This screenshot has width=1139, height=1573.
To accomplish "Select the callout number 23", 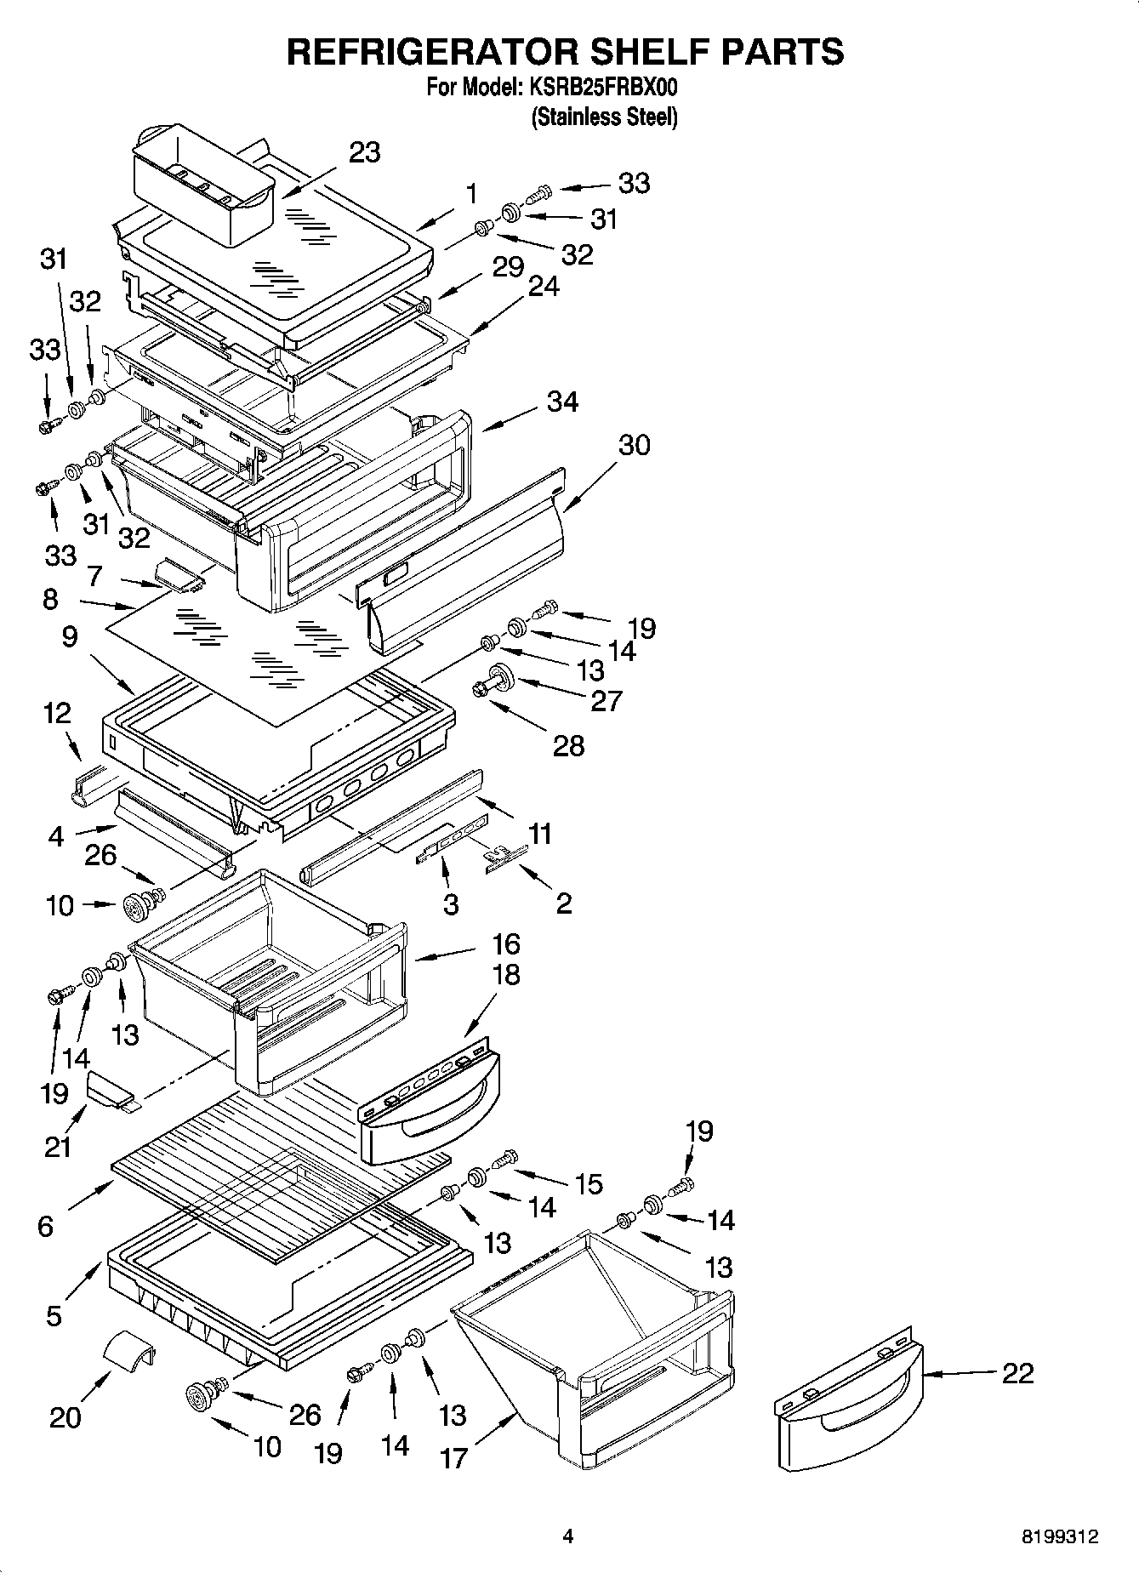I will [364, 153].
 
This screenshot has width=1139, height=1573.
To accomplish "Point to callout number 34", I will [562, 402].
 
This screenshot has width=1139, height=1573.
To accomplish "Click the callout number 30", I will [634, 445].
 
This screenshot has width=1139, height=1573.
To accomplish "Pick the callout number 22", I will [1017, 1372].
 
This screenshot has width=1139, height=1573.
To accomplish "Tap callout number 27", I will [607, 701].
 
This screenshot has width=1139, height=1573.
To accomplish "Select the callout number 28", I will [568, 746].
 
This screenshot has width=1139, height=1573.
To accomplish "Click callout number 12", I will [57, 713].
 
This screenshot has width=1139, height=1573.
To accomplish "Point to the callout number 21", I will [58, 1148].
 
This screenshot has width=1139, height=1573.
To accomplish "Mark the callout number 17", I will [453, 1458].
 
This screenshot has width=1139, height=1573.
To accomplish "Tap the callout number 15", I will [589, 1183].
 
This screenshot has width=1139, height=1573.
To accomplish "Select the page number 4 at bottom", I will [568, 1536].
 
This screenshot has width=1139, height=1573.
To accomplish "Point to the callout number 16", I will [505, 944].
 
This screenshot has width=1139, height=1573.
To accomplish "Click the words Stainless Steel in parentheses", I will [604, 117].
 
